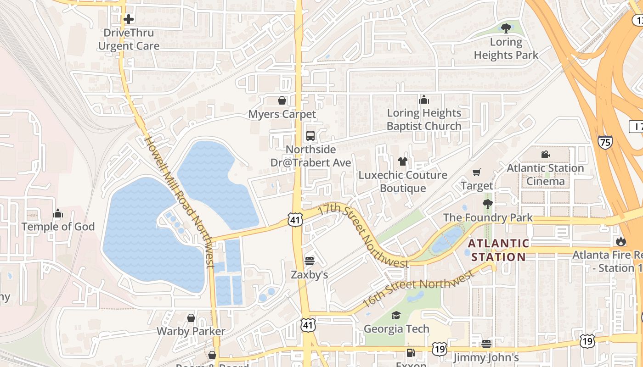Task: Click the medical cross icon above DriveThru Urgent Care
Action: pyautogui.click(x=129, y=19)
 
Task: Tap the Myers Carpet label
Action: pyautogui.click(x=282, y=114)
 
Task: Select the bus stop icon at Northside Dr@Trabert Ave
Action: pyautogui.click(x=310, y=136)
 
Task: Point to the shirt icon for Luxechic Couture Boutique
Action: pyautogui.click(x=403, y=161)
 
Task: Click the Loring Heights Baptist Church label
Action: pyautogui.click(x=424, y=119)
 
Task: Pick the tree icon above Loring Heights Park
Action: pyautogui.click(x=506, y=28)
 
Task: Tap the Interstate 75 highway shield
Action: pyautogui.click(x=605, y=143)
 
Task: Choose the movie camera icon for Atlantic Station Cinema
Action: pyautogui.click(x=545, y=155)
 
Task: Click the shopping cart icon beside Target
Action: pyautogui.click(x=476, y=172)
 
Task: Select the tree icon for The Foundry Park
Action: pyautogui.click(x=487, y=204)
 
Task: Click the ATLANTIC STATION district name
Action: pyautogui.click(x=498, y=250)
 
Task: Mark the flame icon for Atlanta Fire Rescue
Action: pyautogui.click(x=621, y=241)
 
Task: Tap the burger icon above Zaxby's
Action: pyautogui.click(x=310, y=261)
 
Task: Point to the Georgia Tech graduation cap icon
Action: pyautogui.click(x=396, y=315)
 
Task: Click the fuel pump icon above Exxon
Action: pyautogui.click(x=411, y=353)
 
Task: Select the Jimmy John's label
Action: pyautogui.click(x=486, y=357)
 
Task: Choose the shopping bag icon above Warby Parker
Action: pyautogui.click(x=191, y=318)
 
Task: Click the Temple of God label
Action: pyautogui.click(x=58, y=227)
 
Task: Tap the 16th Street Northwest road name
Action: pyautogui.click(x=417, y=289)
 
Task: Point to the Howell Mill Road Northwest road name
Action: pyautogui.click(x=179, y=201)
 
